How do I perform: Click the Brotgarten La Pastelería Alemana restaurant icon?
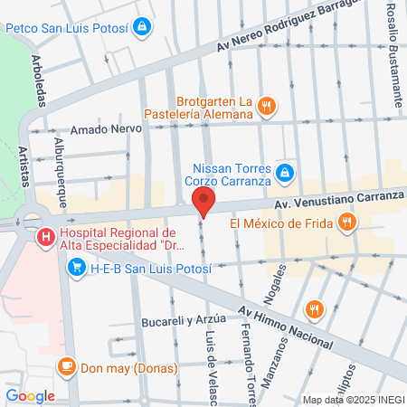(x=265, y=106)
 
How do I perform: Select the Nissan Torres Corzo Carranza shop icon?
(x=284, y=172)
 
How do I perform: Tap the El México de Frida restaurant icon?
(x=345, y=222)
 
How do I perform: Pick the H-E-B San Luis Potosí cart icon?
(x=76, y=267)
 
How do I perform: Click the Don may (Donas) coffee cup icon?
(x=65, y=366)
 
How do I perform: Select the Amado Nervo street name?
(x=101, y=129)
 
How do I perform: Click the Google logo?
(x=30, y=395)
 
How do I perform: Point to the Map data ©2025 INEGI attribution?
(x=351, y=399)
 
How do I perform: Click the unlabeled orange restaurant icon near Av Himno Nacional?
(x=314, y=309)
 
